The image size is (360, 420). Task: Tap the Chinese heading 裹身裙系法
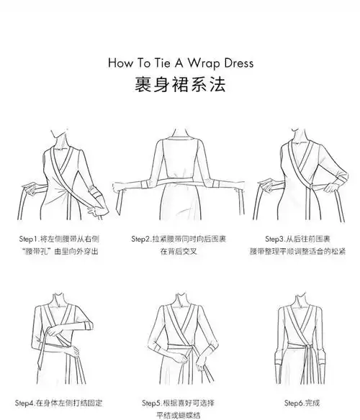click(x=180, y=85)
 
